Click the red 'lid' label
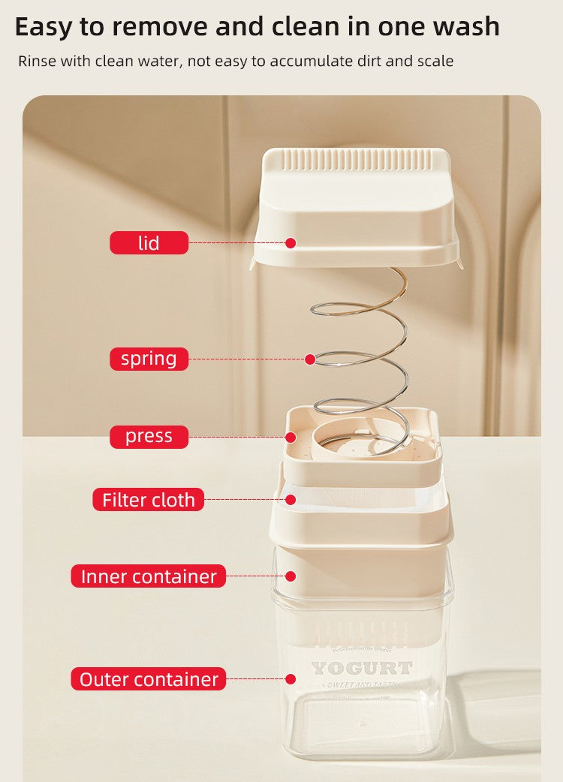click(x=149, y=242)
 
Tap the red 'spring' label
click(x=149, y=359)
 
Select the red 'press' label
click(x=149, y=436)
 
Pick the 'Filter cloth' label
click(x=149, y=500)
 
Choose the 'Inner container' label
click(x=149, y=576)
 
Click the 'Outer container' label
click(x=149, y=679)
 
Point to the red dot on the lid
click(x=291, y=242)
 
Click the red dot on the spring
click(x=310, y=359)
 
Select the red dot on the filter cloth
click(x=289, y=499)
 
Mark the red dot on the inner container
click(x=291, y=576)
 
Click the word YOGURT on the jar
click(x=362, y=668)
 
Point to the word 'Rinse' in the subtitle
click(x=37, y=61)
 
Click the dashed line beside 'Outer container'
click(x=255, y=679)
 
